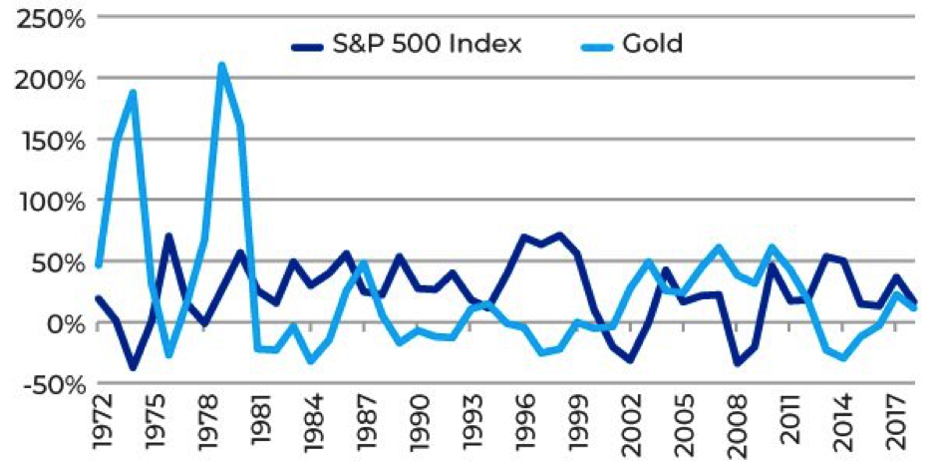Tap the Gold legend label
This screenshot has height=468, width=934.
pyautogui.click(x=655, y=44)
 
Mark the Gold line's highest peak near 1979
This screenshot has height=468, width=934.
pyautogui.click(x=221, y=67)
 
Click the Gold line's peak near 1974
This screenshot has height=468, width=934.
pyautogui.click(x=133, y=93)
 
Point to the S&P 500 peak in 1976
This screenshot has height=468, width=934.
pyautogui.click(x=168, y=237)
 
